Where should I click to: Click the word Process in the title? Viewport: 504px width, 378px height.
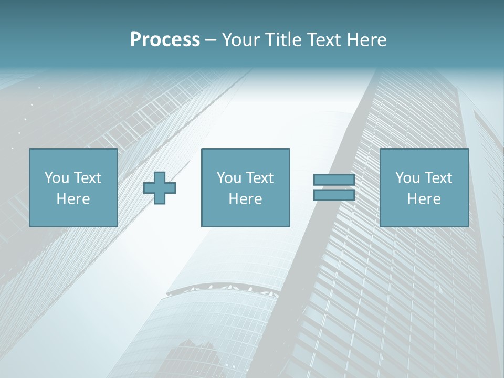tap(165, 40)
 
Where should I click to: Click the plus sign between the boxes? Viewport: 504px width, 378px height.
tap(160, 188)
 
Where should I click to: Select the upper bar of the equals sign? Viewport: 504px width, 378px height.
tap(334, 180)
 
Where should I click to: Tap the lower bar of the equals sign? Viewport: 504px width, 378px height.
tap(334, 195)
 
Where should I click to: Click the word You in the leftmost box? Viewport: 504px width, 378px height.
tap(57, 178)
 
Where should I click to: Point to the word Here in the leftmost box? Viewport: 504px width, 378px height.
tap(73, 199)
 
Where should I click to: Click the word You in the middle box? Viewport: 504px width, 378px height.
tap(229, 178)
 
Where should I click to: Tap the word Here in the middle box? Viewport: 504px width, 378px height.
tap(245, 199)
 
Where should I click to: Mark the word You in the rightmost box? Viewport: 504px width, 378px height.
tap(407, 178)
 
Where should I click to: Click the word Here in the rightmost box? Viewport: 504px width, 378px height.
tap(424, 199)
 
